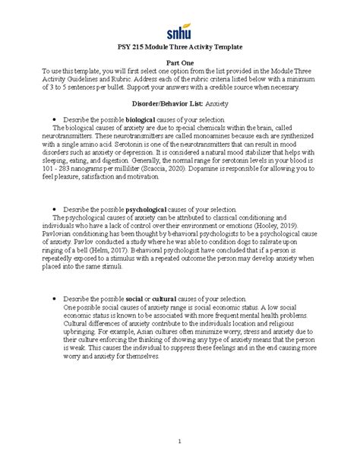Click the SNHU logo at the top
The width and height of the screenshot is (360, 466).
179,31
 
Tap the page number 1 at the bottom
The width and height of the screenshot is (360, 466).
179,442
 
